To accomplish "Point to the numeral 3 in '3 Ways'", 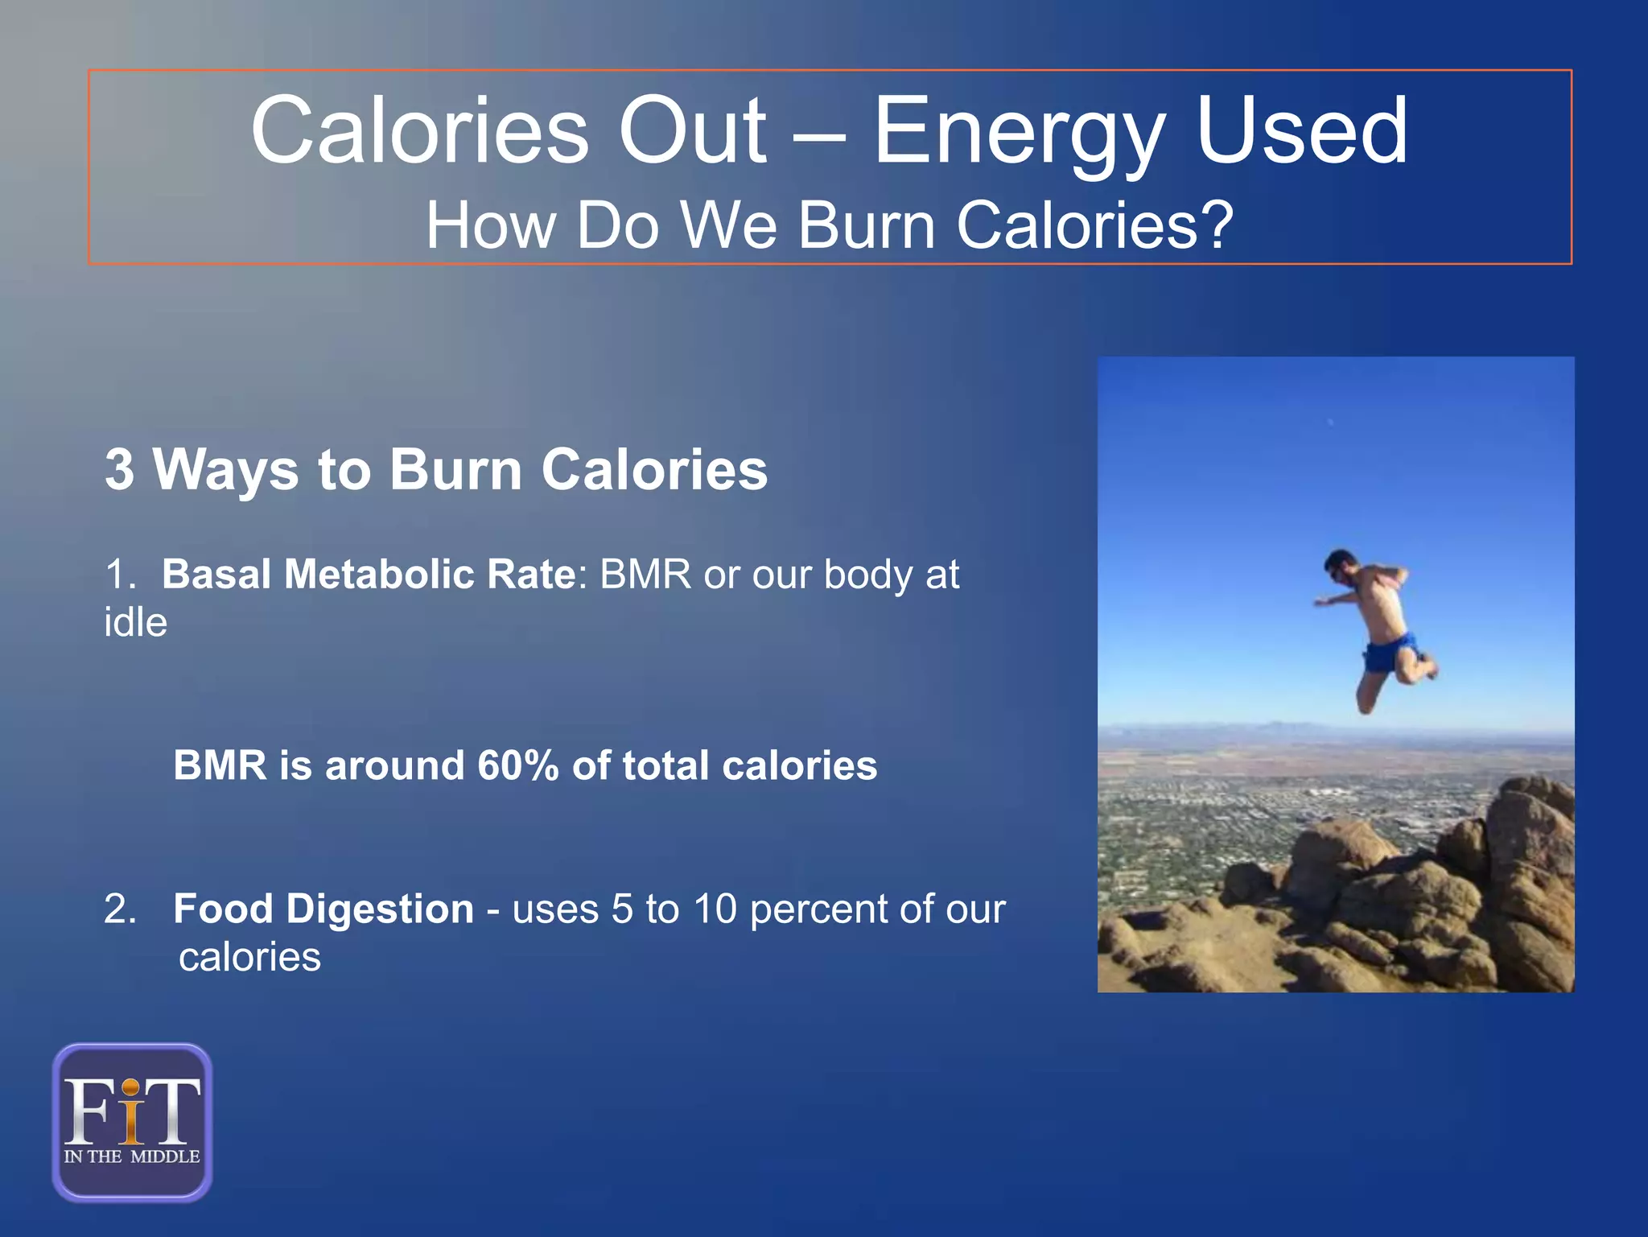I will pyautogui.click(x=119, y=469).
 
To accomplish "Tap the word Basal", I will pyautogui.click(x=216, y=575).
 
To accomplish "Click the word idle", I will pyautogui.click(x=135, y=623).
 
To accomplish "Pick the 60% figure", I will pyautogui.click(x=517, y=765).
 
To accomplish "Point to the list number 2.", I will pyautogui.click(x=120, y=909).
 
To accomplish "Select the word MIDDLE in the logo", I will pyautogui.click(x=165, y=1157).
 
